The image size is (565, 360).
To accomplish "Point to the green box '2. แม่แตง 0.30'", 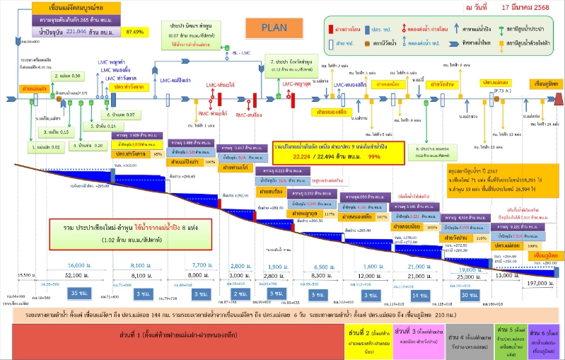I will [69, 75].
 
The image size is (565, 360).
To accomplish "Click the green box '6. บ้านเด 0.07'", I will [120, 114].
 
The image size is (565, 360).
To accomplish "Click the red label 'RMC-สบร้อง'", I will [250, 114].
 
